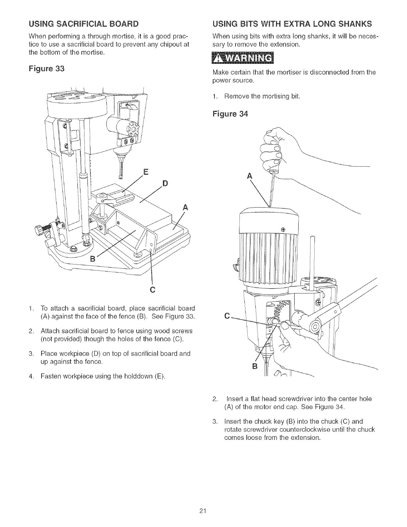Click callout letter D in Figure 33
pos(165,184)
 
